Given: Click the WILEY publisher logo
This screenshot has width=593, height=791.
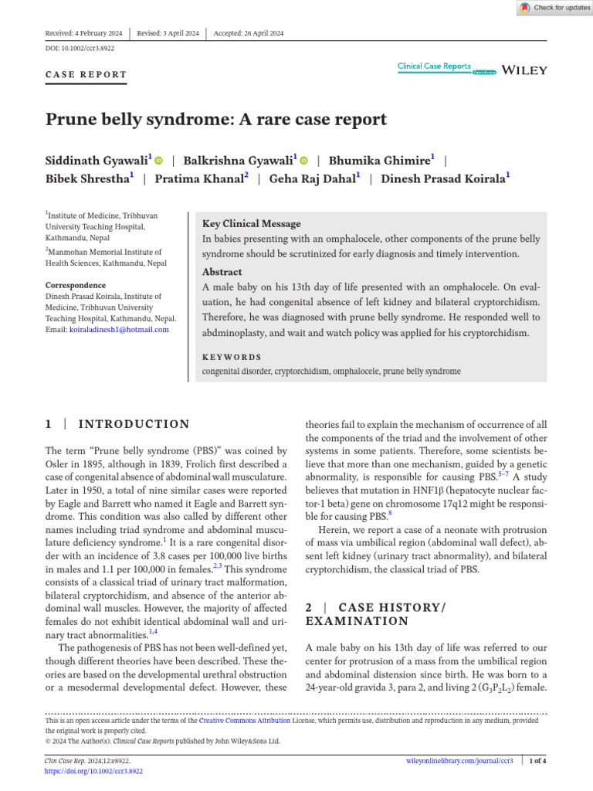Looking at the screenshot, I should point(524,70).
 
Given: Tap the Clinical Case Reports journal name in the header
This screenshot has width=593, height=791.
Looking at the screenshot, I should point(434,66).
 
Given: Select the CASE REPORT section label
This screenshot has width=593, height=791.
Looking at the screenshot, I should point(86,75).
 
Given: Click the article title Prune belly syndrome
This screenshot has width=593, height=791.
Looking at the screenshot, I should point(215,120).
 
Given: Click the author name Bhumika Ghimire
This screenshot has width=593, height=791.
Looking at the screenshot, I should point(379,161).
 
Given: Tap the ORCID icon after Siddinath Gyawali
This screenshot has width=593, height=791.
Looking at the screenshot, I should point(159,161).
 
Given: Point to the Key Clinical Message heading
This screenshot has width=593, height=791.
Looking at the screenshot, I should point(251,224).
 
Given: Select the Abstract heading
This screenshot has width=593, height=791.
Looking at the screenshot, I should point(222,272).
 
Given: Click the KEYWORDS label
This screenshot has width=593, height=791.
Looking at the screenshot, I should point(232,357).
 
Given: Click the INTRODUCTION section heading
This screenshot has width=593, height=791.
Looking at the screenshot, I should point(134,424).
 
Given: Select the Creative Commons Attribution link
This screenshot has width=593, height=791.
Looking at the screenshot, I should point(245,720).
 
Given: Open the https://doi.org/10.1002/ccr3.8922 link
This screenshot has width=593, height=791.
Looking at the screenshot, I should point(94,771).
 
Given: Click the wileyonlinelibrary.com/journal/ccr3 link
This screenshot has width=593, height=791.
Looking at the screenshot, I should point(459,761).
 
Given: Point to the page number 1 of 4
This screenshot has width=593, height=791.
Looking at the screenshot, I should point(537,761).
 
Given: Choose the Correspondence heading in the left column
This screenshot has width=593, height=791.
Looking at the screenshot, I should point(75,285).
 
